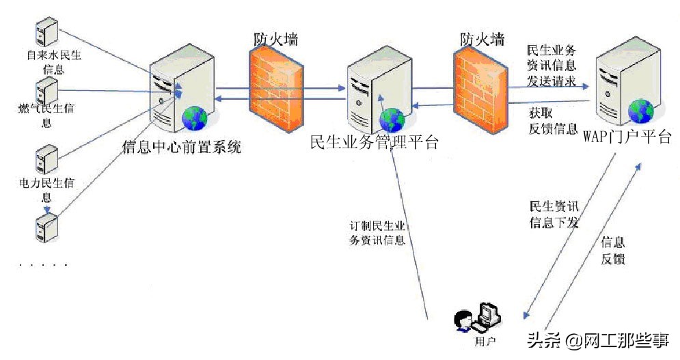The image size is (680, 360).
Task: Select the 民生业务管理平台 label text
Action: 374,142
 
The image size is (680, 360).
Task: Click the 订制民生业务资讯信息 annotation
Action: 377,233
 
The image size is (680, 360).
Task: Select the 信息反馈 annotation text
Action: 612,251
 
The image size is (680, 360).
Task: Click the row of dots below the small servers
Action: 44,264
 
